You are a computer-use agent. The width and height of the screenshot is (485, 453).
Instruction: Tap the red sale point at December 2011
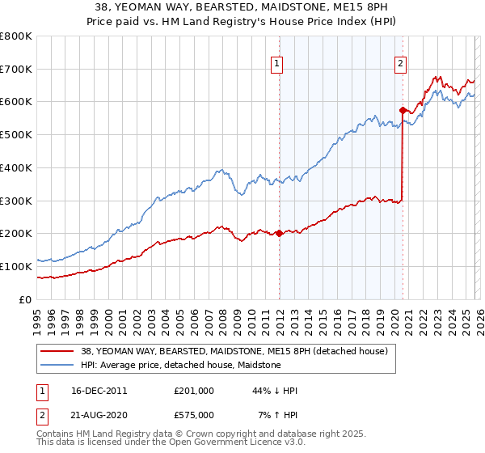pyautogui.click(x=279, y=233)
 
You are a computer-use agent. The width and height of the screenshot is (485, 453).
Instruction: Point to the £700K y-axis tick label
pyautogui.click(x=16, y=70)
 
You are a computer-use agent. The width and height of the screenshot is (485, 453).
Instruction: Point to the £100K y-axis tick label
pyautogui.click(x=16, y=266)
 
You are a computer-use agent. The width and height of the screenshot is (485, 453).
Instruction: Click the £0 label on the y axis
pyautogui.click(x=24, y=299)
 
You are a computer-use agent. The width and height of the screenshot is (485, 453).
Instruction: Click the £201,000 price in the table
pyautogui.click(x=194, y=391)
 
